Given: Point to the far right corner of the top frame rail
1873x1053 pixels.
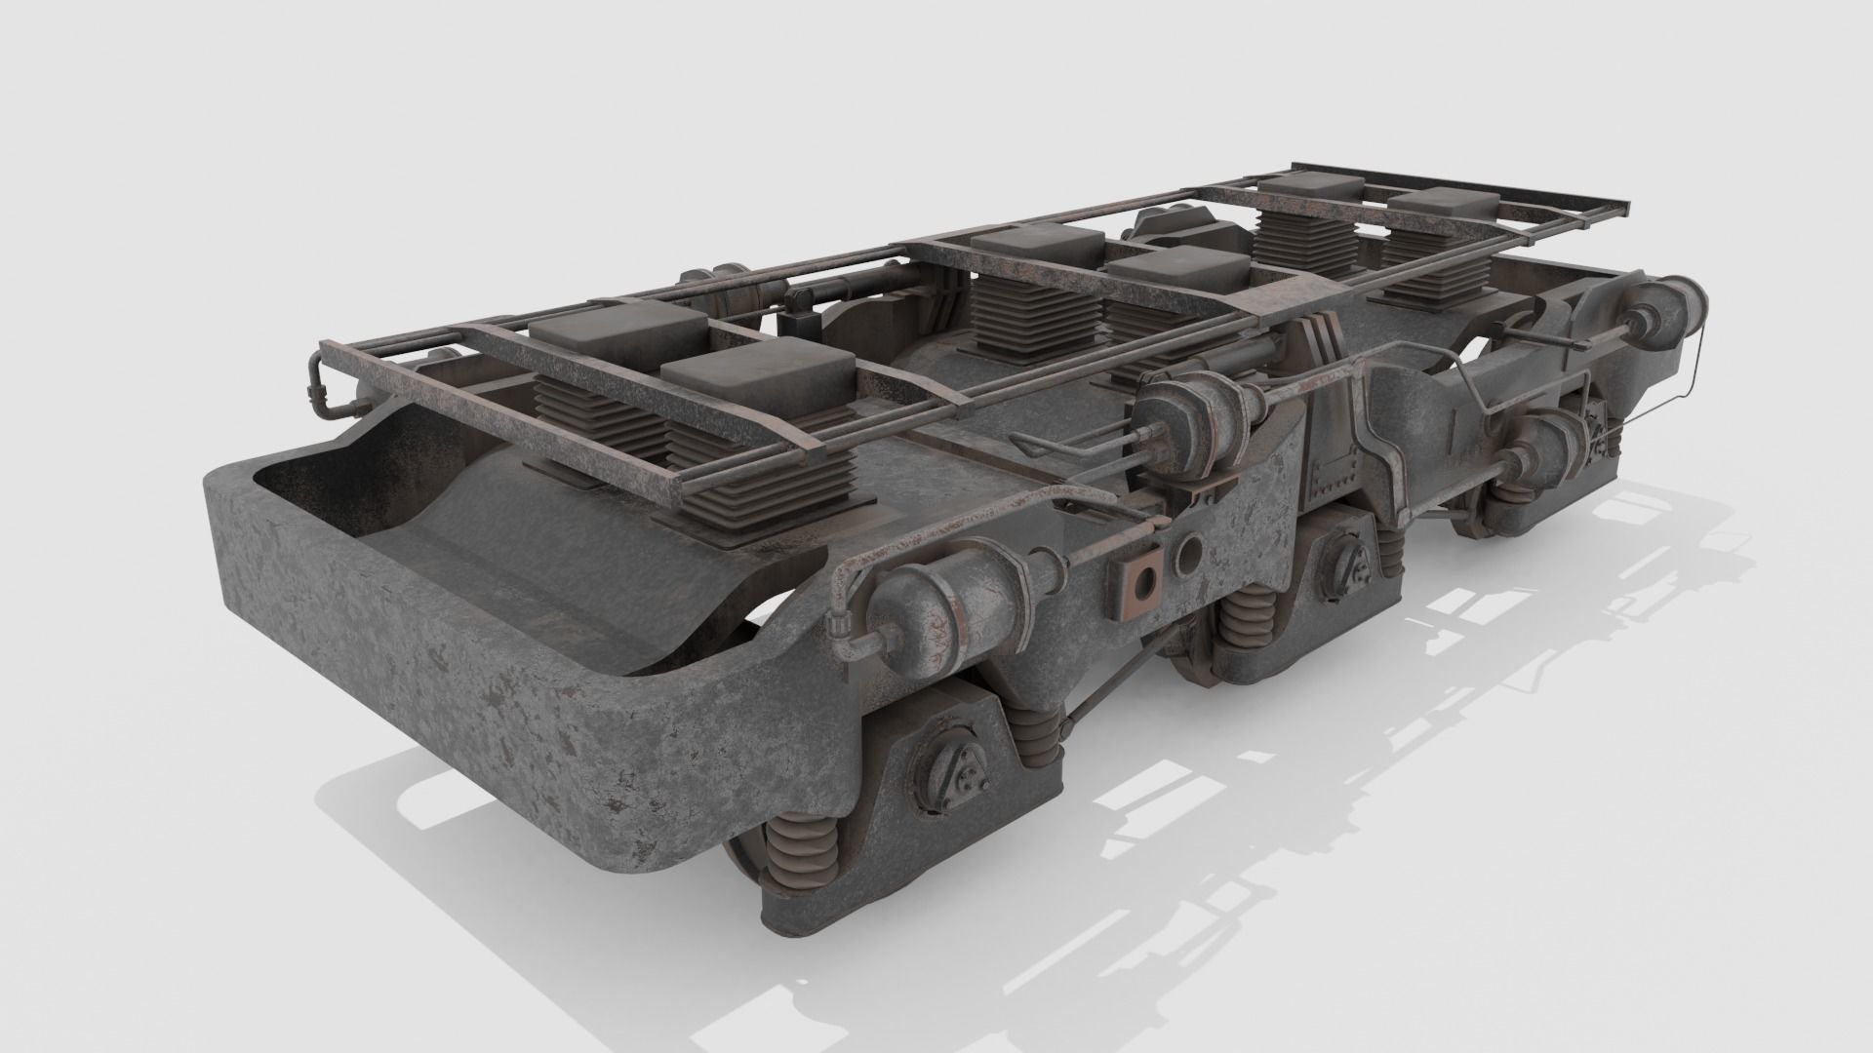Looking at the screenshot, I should (1627, 208).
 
